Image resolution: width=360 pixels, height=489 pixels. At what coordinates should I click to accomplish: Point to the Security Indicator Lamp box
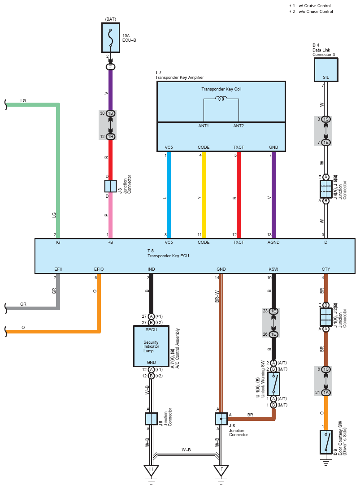(x=151, y=346)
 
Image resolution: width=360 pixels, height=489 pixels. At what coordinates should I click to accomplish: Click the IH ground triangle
(x=151, y=470)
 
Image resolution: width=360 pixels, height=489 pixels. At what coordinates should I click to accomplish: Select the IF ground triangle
(x=221, y=470)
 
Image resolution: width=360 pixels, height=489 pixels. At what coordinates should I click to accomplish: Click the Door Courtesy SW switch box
(x=326, y=442)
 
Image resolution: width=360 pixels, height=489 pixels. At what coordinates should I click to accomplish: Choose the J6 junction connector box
(x=221, y=419)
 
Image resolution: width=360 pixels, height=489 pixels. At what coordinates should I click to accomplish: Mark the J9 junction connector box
(x=151, y=419)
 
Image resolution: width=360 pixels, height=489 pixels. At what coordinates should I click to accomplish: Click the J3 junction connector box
(x=110, y=186)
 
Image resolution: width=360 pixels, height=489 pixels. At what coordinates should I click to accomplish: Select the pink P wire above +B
(x=110, y=215)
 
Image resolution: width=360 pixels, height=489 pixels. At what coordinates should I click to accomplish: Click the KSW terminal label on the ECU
(x=273, y=269)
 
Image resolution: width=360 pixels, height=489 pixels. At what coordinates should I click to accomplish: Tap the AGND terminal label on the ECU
(x=273, y=242)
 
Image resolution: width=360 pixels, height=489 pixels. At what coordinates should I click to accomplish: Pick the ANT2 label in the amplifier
(x=239, y=126)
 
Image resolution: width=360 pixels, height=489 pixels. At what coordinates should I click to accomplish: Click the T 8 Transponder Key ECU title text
(x=168, y=253)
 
